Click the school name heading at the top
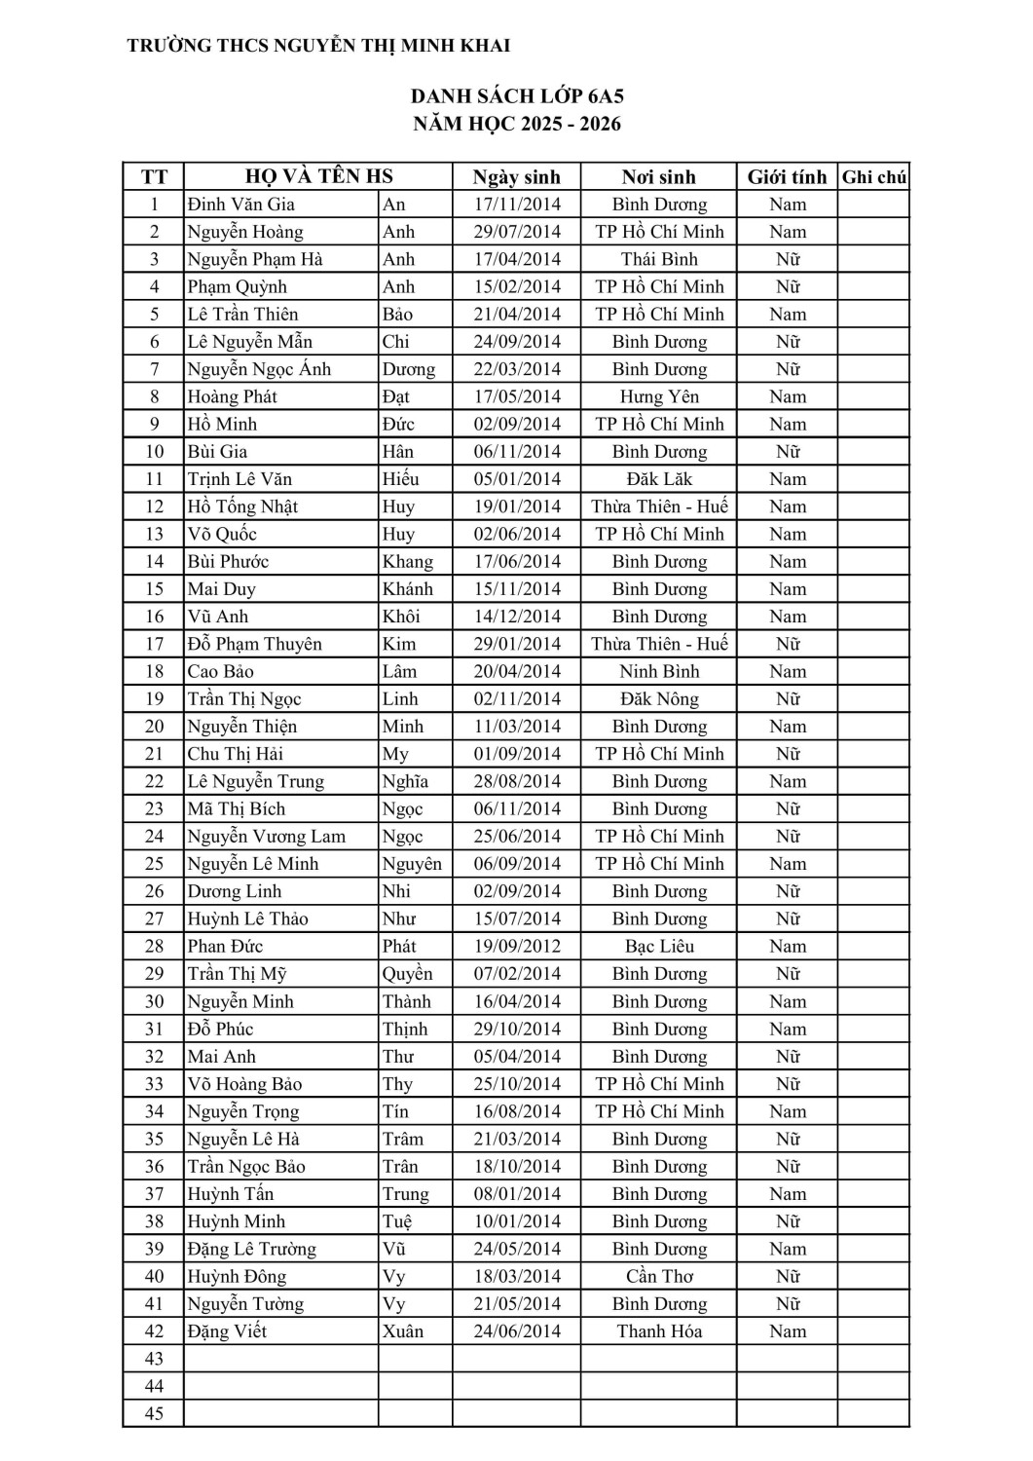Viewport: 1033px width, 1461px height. point(318,46)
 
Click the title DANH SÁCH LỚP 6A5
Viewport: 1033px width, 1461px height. point(516,96)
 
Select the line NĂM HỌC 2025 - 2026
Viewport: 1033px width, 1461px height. point(516,124)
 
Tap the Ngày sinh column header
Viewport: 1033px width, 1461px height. point(516,177)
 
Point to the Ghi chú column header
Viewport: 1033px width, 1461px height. point(873,177)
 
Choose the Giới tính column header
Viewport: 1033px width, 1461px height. point(787,177)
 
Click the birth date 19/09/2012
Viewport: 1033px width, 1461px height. point(516,947)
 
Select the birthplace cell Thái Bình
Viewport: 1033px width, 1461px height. point(659,259)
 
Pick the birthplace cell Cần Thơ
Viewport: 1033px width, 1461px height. point(659,1277)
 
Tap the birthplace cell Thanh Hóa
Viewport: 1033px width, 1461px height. point(659,1331)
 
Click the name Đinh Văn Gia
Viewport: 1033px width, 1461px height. point(241,205)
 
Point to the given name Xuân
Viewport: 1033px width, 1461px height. point(403,1331)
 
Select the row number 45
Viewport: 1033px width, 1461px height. point(154,1414)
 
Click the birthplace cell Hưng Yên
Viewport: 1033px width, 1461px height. point(659,396)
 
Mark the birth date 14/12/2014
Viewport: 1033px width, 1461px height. point(516,617)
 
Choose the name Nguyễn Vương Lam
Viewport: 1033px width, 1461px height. point(267,837)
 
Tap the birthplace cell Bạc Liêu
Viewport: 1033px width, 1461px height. point(659,947)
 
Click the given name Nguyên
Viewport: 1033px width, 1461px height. point(412,864)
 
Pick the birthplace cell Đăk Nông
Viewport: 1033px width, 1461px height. point(659,699)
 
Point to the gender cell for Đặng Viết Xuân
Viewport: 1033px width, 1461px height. point(787,1331)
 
